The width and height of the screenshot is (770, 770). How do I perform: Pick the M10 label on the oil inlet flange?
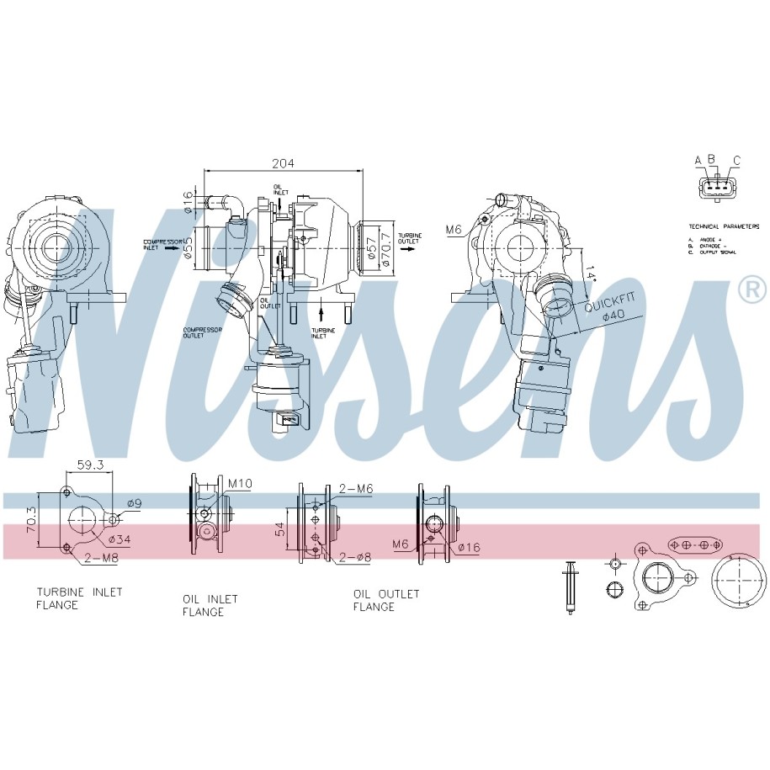tap(240, 482)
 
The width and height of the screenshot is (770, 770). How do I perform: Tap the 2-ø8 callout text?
tap(353, 556)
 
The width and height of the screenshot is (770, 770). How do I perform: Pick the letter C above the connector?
tap(736, 160)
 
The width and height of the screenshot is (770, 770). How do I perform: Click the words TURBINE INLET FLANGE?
tap(78, 598)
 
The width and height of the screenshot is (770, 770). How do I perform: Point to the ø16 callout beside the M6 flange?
tap(469, 548)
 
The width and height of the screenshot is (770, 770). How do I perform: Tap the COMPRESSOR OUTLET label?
tap(202, 332)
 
